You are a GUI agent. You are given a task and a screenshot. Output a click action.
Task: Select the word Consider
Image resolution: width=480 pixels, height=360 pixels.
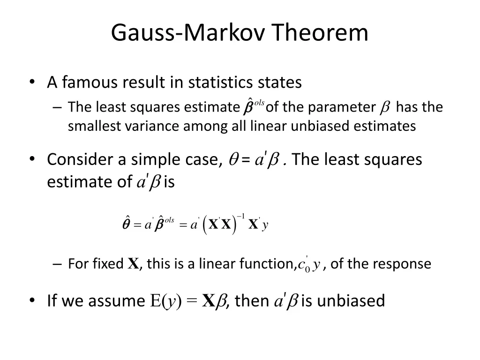[80, 160]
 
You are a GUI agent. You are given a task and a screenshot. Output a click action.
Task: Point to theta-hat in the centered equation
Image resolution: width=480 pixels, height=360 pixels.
[126, 224]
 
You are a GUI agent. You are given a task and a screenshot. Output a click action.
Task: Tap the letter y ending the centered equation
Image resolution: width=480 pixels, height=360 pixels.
[265, 225]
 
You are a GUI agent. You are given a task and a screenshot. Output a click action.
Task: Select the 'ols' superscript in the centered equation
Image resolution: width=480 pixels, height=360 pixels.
[170, 220]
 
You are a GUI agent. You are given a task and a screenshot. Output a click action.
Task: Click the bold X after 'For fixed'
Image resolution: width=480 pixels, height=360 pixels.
[133, 264]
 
